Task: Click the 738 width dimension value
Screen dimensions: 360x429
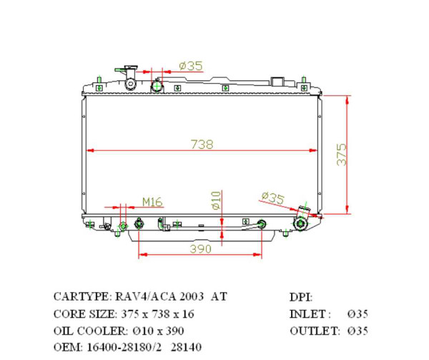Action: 201,144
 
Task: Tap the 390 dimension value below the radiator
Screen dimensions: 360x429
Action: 201,248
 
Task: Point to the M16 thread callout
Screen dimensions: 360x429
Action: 151,202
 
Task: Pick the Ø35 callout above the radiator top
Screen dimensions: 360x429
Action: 190,66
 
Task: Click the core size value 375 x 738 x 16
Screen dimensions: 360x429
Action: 156,313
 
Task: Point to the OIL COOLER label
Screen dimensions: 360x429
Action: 84,331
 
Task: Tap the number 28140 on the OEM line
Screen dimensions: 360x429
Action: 186,348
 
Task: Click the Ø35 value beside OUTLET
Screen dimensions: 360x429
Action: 357,331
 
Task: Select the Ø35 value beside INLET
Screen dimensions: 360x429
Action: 357,313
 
